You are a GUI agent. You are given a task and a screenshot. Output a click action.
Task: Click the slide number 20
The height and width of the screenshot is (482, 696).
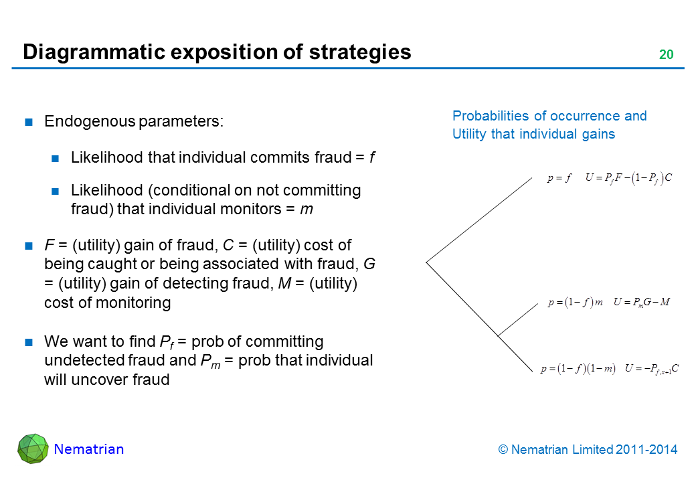coord(666,55)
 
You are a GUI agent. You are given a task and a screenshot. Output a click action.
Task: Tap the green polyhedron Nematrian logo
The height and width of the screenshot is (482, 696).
coord(33,449)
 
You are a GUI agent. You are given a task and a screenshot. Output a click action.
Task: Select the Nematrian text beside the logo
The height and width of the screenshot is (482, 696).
coord(89,449)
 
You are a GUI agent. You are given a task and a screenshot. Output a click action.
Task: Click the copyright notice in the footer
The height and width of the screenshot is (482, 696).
coord(588,450)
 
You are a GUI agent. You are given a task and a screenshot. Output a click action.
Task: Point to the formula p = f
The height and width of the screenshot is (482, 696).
coord(559,178)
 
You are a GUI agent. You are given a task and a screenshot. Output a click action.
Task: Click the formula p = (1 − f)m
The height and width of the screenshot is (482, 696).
coord(575,303)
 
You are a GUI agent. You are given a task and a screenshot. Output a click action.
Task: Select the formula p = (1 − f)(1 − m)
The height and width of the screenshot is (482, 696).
coord(578,368)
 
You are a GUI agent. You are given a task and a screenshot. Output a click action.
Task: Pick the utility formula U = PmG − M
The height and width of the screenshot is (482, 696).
coord(641,303)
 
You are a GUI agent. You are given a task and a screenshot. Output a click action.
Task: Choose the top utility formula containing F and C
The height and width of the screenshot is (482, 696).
coord(628,178)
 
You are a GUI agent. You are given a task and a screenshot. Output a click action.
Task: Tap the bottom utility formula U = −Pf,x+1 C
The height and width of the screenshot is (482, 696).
coord(652,368)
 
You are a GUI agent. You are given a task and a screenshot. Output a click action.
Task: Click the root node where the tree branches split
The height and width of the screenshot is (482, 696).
coord(426,261)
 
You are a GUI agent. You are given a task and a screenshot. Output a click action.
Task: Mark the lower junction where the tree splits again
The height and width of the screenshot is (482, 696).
coord(498,335)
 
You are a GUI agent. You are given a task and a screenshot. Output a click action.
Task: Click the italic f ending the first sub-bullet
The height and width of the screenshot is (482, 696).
coord(372,159)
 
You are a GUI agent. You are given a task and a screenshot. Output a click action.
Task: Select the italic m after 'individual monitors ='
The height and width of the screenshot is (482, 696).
coord(307,209)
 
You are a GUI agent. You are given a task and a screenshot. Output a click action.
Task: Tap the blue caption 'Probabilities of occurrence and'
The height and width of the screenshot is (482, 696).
coord(549,116)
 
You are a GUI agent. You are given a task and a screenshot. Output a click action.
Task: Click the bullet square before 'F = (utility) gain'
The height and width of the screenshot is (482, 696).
coord(29,246)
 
